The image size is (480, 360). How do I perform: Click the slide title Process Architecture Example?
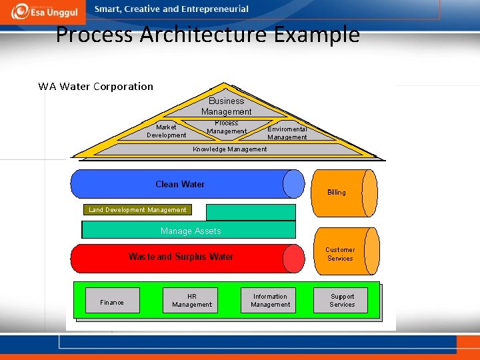pos(207,34)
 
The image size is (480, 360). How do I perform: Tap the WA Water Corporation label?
pos(95,86)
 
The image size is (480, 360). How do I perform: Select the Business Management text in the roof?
pos(227,106)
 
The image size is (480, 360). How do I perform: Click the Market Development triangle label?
pos(166,131)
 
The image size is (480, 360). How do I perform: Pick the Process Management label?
pos(227,127)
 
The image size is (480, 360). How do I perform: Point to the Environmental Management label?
pos(287,133)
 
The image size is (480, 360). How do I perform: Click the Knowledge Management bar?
pos(229,149)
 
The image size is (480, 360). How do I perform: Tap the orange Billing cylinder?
pos(344,193)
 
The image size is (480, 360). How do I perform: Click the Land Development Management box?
pos(137,209)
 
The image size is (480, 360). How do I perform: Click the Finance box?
pos(112,301)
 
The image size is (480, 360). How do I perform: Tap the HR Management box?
pos(191,301)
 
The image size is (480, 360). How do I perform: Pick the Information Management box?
pos(269,301)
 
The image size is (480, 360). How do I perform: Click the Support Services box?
pos(342,301)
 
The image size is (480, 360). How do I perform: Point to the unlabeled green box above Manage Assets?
pos(250,212)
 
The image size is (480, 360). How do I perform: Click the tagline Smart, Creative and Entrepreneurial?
pos(171,9)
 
